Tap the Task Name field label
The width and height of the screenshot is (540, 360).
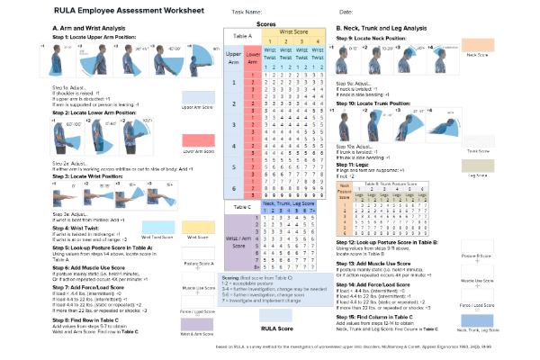pos(247,11)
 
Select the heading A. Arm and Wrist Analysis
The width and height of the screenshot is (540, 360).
pos(86,29)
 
